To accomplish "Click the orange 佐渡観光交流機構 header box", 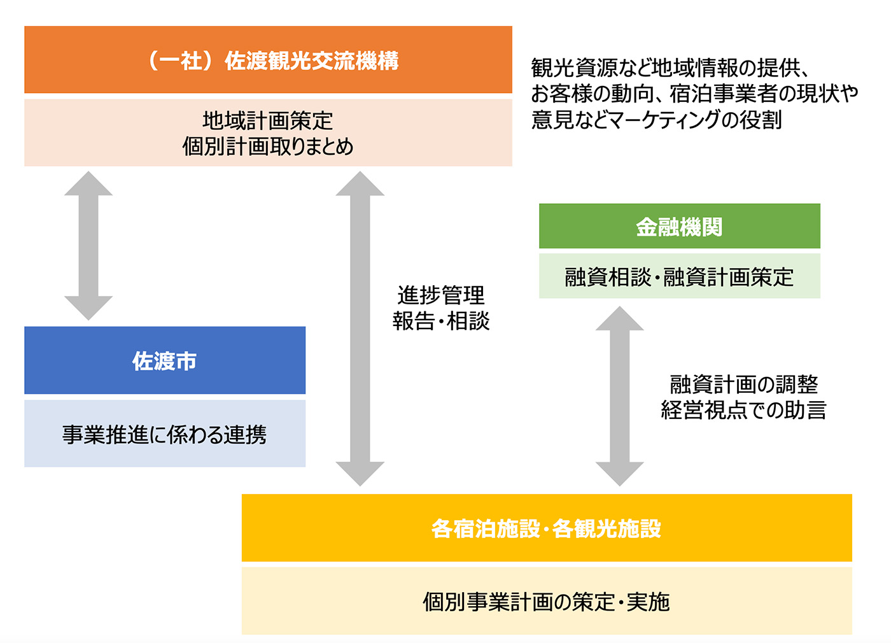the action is coord(268,60).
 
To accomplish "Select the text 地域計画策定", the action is coord(268,120).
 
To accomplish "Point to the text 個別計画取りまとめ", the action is coord(268,146).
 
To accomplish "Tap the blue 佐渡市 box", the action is coord(165,360).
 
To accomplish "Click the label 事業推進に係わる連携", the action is coord(164,434).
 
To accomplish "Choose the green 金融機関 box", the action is coord(680,226).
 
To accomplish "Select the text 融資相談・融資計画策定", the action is coord(680,277).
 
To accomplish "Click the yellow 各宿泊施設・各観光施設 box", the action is coord(547,528).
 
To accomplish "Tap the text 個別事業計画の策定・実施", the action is coord(547,601).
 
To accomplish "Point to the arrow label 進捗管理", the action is coord(440,295).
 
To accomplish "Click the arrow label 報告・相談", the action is coord(440,321).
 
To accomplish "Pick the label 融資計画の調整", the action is coord(744,384).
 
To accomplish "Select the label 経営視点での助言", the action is coord(744,410).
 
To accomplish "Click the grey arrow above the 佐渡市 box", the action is coord(88,246).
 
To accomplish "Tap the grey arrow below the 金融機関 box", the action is coord(619,396).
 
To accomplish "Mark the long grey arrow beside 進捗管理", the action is coord(360,329).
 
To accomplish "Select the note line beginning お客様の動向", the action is coord(695,94).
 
